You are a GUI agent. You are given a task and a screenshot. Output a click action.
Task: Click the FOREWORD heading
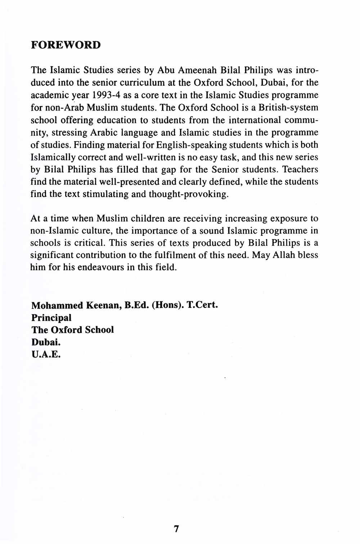point(66,45)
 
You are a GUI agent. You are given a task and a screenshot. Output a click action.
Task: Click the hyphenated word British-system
point(288,107)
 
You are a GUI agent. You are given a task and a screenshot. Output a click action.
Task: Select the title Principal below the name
point(51,318)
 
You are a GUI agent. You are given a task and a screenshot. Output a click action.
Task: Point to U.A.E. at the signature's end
point(46,355)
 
